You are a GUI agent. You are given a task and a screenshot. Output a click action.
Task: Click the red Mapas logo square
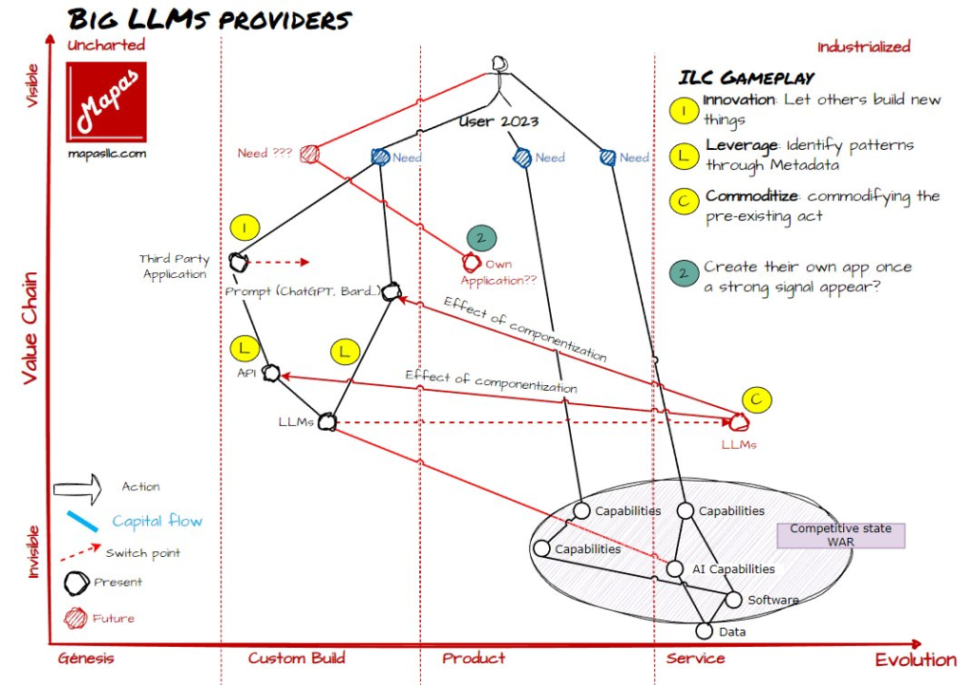point(107,99)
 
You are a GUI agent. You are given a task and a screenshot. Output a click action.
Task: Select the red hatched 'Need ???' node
point(308,154)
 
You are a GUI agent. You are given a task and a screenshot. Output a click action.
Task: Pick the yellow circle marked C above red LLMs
point(756,399)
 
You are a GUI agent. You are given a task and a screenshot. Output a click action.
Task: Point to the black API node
point(271,374)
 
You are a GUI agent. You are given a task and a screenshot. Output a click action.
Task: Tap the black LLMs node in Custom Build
point(328,421)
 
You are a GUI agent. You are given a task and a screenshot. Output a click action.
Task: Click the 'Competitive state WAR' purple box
point(840,535)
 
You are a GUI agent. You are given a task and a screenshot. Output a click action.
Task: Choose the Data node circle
point(704,631)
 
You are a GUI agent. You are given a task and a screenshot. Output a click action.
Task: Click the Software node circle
point(733,600)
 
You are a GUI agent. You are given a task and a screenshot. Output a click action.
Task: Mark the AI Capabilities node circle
point(674,569)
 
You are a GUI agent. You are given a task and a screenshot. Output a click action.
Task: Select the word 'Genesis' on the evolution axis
point(86,658)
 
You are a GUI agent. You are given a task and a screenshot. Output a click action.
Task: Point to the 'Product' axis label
point(474,658)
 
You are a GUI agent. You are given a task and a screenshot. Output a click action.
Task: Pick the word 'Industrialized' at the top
point(863,46)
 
